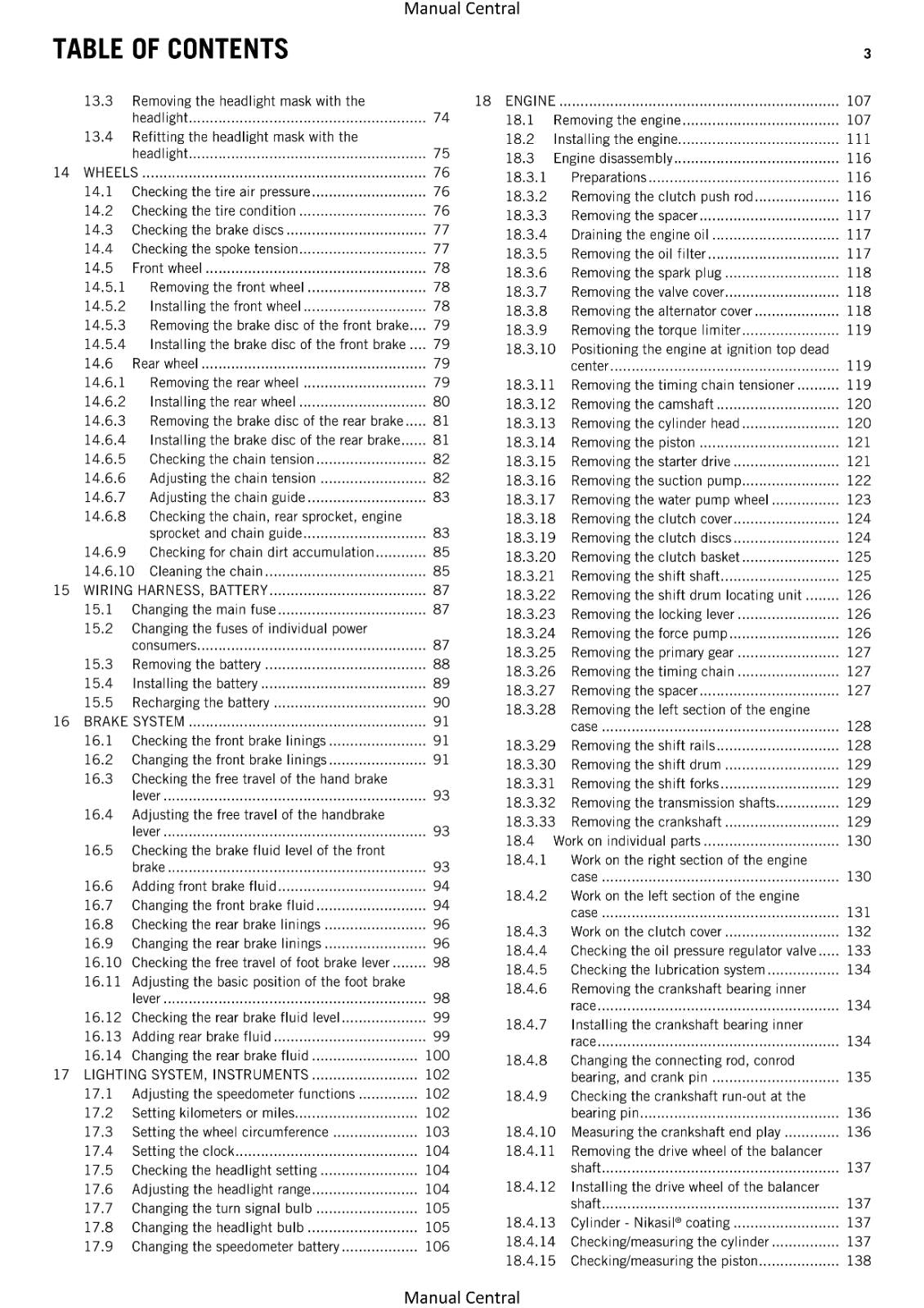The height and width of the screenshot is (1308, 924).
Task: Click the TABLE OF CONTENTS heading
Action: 170,50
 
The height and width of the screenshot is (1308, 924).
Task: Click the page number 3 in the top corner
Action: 867,54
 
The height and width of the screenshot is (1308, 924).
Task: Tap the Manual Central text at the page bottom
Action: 461,1297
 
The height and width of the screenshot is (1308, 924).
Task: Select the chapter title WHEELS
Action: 110,172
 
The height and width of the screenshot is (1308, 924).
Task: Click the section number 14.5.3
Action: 105,325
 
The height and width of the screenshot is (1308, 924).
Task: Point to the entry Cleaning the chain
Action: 206,571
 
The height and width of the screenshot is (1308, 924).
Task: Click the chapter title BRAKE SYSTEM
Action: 134,722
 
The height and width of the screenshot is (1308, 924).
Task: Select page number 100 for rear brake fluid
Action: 437,1055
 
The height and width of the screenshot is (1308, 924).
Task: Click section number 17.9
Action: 98,1247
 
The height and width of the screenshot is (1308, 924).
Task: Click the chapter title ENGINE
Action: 530,101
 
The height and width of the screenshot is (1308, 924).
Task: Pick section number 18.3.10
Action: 530,349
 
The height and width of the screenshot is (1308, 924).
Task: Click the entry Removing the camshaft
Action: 642,404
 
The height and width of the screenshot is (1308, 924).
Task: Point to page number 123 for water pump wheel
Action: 859,499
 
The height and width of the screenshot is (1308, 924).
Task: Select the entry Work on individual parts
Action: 626,841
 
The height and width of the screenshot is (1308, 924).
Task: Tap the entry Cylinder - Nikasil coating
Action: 650,1223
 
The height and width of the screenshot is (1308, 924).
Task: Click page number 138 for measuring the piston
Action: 859,1261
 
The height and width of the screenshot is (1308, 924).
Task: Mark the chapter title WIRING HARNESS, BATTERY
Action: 176,590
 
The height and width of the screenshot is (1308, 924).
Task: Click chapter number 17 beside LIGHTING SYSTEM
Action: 61,1074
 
